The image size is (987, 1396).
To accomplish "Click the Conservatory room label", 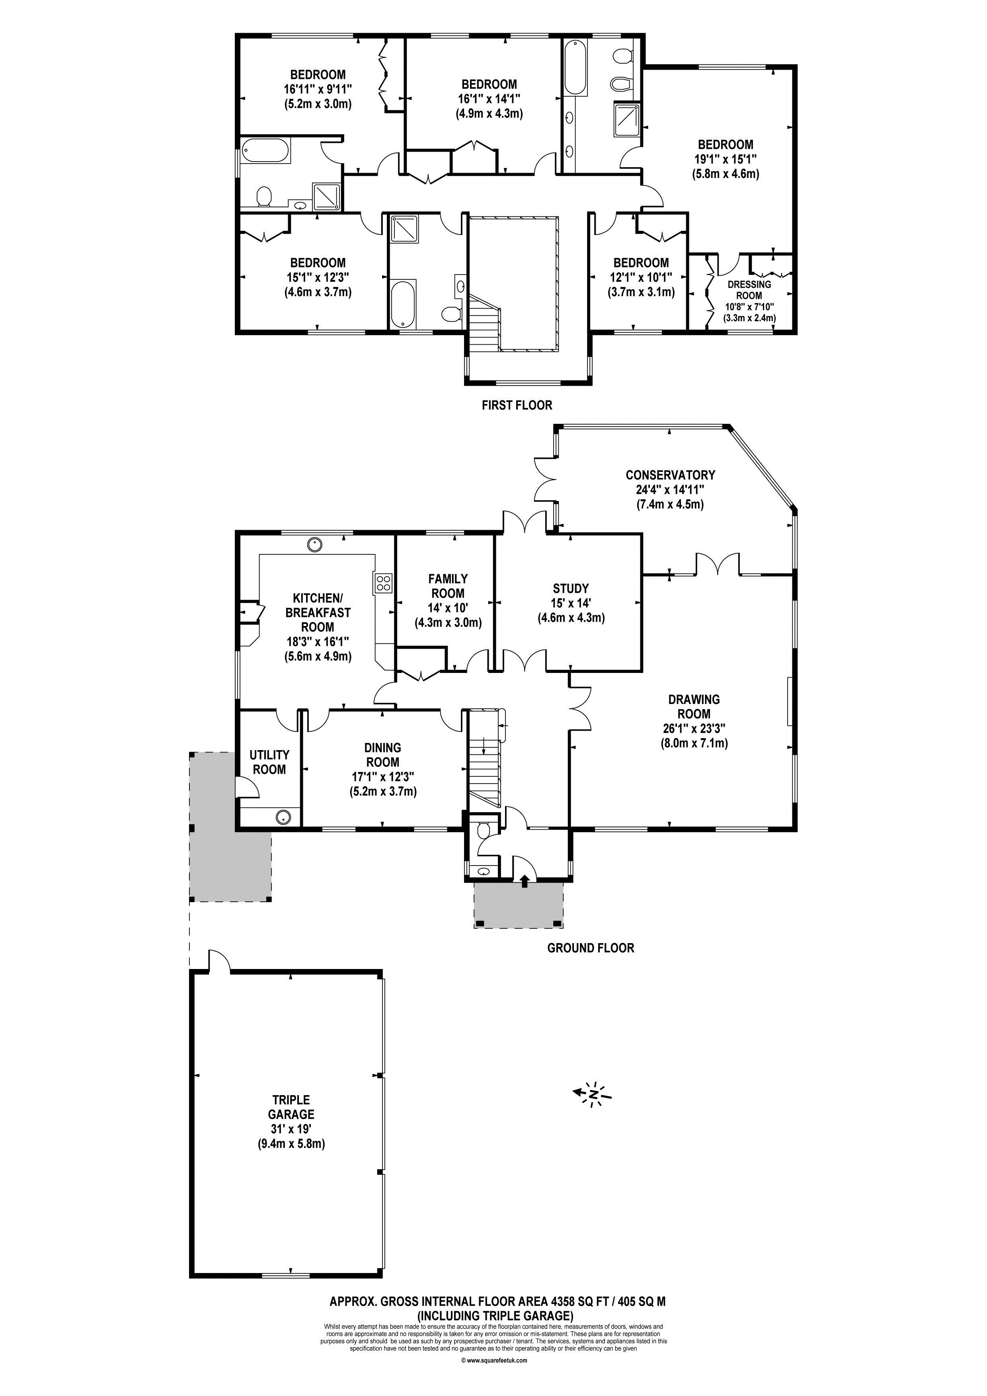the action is point(670,475).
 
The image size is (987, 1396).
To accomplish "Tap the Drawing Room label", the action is point(694,706).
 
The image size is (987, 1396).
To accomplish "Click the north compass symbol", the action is point(593,1094).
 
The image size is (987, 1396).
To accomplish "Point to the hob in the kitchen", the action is point(383,584).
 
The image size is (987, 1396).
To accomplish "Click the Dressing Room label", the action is point(749,289).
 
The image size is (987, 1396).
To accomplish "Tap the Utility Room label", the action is point(269,762).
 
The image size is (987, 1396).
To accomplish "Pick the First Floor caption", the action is point(517,405).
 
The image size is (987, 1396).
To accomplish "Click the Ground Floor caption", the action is point(591,948).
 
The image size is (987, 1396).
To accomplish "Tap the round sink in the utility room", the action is point(283,817).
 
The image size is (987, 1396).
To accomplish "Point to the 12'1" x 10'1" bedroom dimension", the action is point(641,277).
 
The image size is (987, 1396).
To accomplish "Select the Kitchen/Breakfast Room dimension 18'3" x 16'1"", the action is point(318,641).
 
